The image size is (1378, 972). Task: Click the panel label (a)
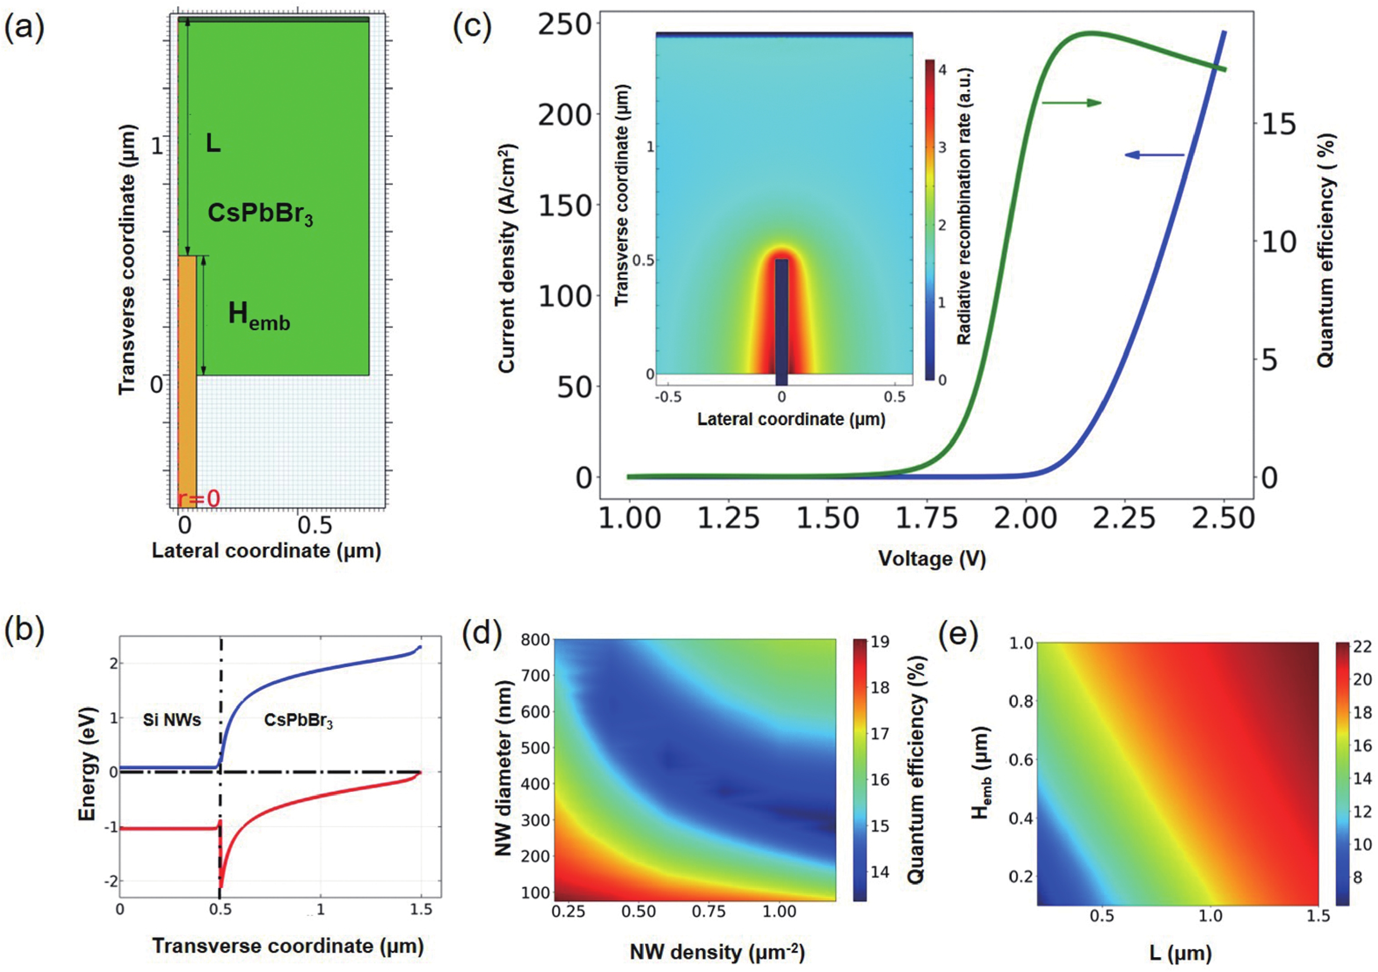[x=24, y=30]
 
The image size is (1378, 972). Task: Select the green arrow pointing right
[x=1072, y=103]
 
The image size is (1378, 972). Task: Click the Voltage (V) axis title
[x=932, y=559]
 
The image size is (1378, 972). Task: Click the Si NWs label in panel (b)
[x=171, y=720]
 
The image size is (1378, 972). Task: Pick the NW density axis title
[x=717, y=951]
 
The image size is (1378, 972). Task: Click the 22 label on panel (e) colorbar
[x=1362, y=646]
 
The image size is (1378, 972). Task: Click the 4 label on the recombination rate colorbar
[x=942, y=70]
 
